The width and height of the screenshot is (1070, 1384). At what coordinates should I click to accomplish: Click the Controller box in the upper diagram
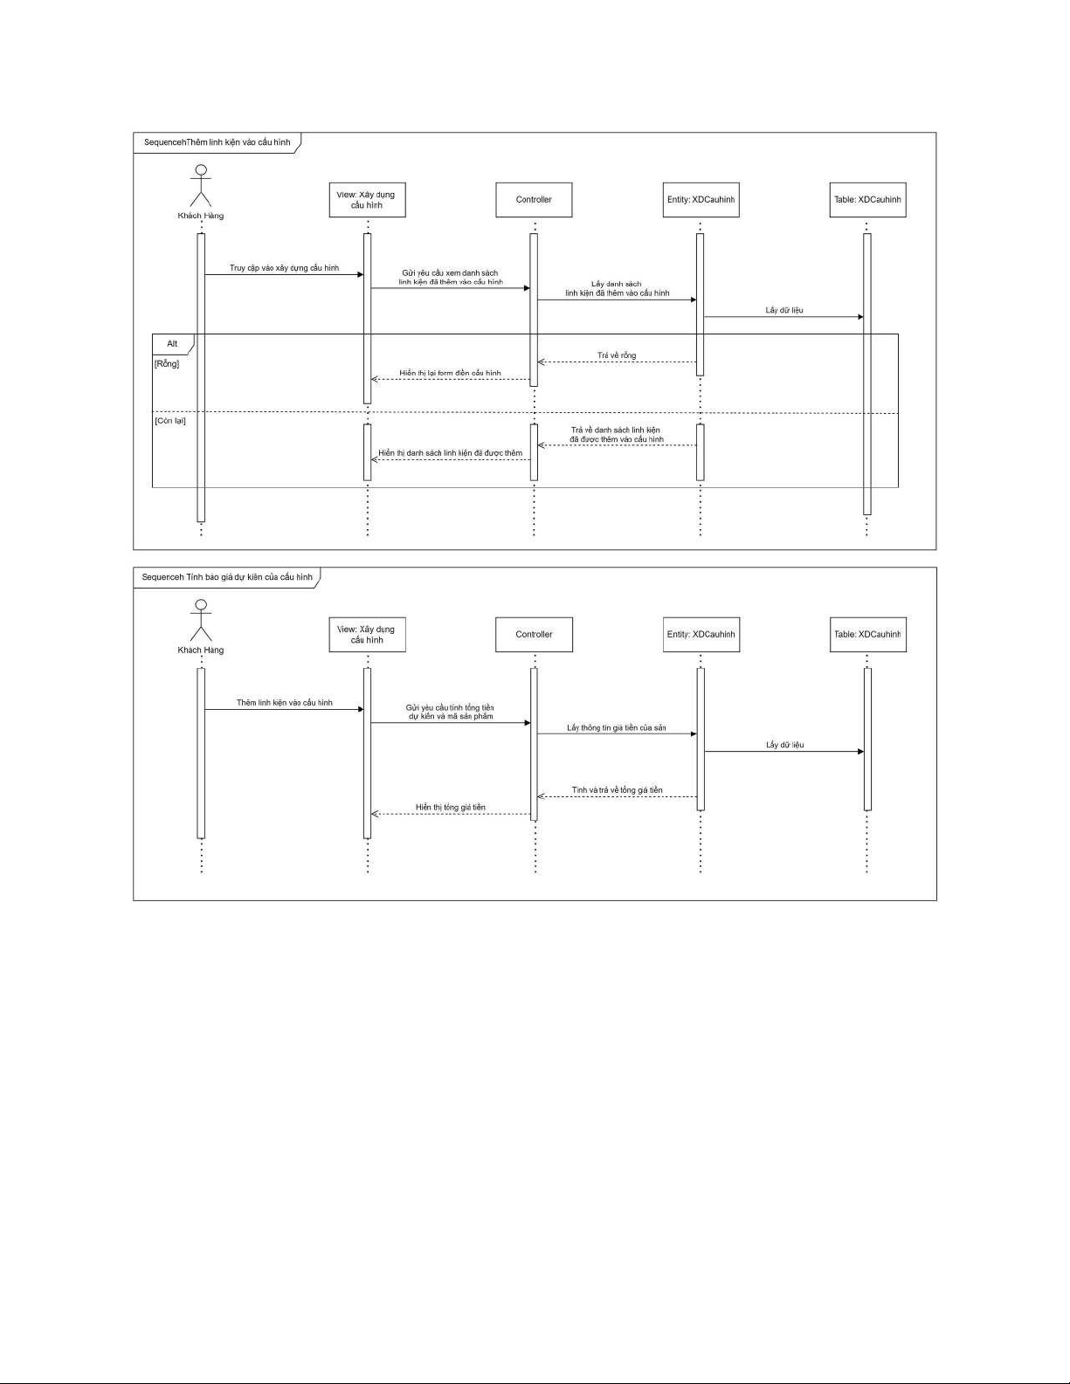tap(534, 200)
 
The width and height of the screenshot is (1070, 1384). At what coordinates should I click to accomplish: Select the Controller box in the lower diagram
tap(534, 634)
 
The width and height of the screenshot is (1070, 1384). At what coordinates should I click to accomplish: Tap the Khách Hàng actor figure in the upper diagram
tap(201, 185)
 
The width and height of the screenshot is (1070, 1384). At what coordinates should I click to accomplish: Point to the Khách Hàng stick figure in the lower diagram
tap(201, 620)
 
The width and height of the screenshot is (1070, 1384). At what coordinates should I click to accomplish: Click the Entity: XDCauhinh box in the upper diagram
tap(701, 200)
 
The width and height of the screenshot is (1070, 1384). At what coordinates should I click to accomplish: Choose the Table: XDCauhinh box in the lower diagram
tap(867, 634)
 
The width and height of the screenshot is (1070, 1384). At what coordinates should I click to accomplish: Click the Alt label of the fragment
tap(172, 344)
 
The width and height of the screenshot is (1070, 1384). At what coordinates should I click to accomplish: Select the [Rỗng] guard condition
tap(167, 364)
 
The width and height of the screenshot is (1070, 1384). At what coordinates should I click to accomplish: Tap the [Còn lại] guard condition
tap(170, 421)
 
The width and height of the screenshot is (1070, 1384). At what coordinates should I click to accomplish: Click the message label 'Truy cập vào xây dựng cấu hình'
tap(284, 268)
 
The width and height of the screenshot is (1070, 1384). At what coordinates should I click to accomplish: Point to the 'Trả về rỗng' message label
tap(617, 355)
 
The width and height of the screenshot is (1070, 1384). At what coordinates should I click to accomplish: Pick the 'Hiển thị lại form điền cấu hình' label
tap(451, 373)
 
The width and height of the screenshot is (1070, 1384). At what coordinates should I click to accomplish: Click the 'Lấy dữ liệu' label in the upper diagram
tap(784, 310)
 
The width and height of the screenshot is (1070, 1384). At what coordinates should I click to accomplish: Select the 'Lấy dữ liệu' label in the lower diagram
tap(784, 745)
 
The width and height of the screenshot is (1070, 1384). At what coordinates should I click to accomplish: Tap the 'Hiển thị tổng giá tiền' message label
tap(451, 808)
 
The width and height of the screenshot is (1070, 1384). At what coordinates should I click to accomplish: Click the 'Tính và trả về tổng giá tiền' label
tap(618, 790)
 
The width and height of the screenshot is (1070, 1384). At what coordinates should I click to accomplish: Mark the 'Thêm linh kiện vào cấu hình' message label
tap(285, 703)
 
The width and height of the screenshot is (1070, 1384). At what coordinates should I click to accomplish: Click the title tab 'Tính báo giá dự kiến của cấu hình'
tap(227, 577)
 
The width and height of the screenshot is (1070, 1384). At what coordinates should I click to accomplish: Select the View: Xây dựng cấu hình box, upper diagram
tap(367, 200)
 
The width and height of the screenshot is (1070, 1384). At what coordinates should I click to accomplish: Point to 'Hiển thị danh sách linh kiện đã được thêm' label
tap(451, 453)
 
